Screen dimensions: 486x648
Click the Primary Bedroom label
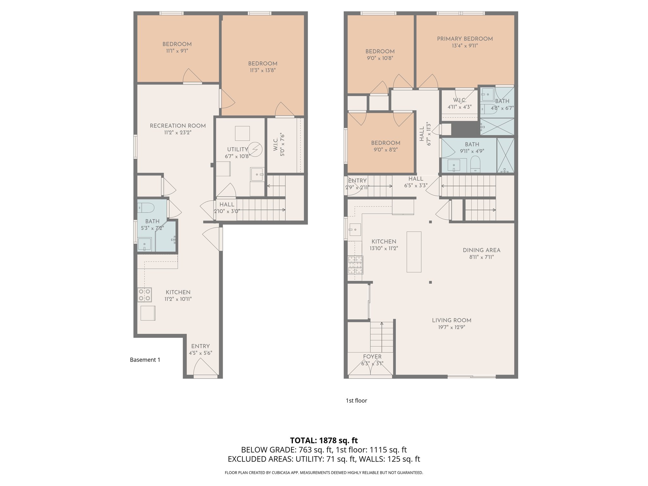click(x=464, y=39)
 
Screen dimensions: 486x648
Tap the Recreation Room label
click(x=178, y=126)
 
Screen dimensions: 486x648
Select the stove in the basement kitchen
click(x=144, y=295)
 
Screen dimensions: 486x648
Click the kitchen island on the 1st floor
click(x=414, y=252)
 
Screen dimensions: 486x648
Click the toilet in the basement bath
click(x=146, y=208)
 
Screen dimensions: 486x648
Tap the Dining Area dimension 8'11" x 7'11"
click(x=481, y=257)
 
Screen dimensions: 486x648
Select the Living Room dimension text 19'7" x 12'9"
click(x=452, y=327)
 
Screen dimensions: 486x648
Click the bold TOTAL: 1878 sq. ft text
click(x=324, y=440)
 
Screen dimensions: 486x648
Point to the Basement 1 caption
click(x=145, y=360)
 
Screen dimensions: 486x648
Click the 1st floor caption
click(x=356, y=401)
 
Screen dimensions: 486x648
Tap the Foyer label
click(x=372, y=357)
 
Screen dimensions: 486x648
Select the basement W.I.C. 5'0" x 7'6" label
click(x=279, y=146)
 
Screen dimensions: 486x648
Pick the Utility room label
click(x=237, y=149)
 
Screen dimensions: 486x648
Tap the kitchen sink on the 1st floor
click(x=355, y=229)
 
